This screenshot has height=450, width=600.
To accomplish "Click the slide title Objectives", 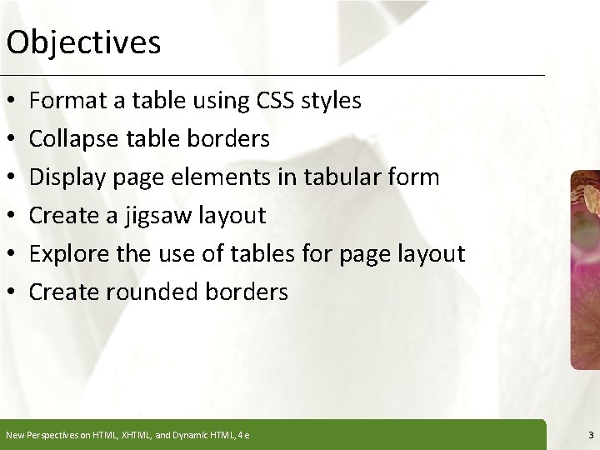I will [x=82, y=42].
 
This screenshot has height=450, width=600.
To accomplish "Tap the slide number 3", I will [x=590, y=435].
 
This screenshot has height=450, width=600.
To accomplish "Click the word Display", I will [x=65, y=177].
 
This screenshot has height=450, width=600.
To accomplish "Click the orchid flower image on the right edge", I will [x=585, y=267].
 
